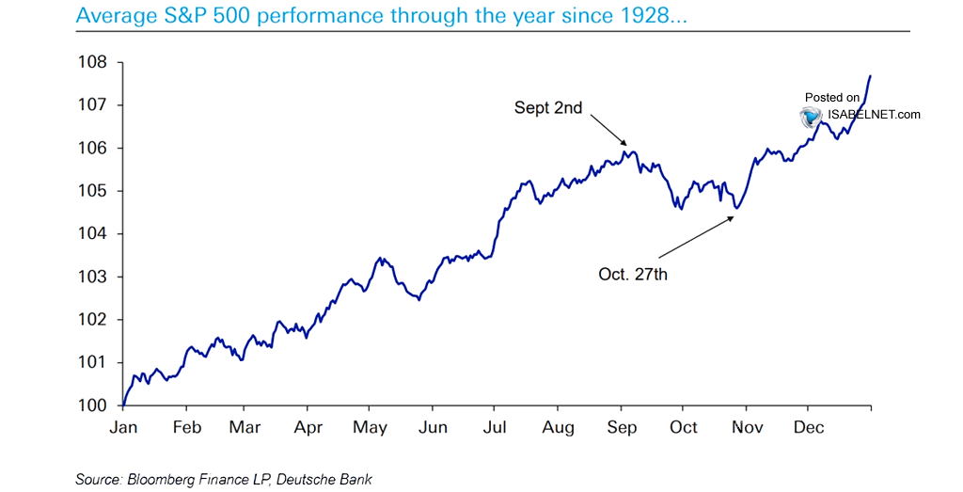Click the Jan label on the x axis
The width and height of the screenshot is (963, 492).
pos(123,427)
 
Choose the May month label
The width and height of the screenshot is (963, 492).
pos(370,427)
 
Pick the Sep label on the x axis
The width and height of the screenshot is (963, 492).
pos(621,427)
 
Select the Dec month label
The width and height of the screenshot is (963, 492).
pos(808,427)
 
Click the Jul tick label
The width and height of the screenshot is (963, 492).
pos(495,427)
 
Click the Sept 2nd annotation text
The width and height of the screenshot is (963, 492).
pos(548,108)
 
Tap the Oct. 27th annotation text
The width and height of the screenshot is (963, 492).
pos(632,275)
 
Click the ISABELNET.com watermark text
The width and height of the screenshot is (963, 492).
pos(875,115)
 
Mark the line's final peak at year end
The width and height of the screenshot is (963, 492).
pos(870,75)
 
